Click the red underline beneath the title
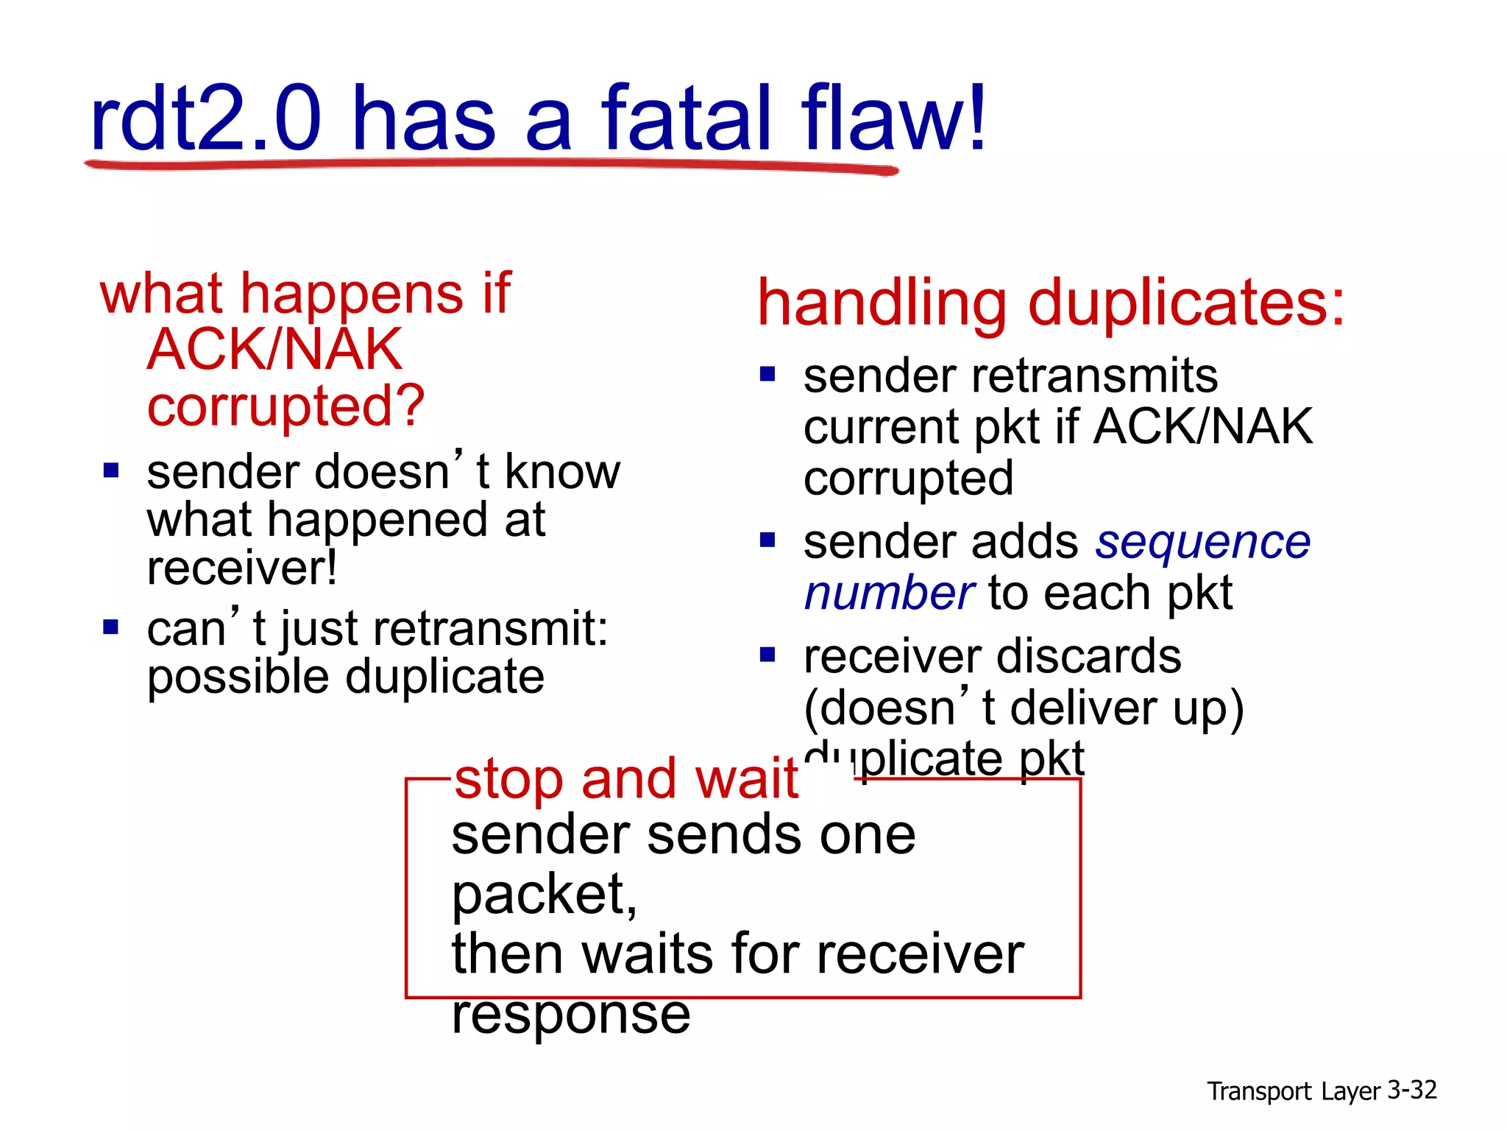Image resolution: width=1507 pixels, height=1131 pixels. click(492, 166)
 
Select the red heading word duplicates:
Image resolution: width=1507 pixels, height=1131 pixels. click(1186, 303)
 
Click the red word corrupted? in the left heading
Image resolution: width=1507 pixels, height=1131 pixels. click(286, 406)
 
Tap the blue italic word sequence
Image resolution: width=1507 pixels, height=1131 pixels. click(1203, 543)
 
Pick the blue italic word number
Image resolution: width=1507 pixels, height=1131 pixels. click(889, 593)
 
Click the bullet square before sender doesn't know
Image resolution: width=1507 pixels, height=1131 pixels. click(111, 471)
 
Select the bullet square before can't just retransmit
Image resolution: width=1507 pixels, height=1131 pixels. click(111, 627)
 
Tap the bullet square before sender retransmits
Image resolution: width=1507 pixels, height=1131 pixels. click(767, 375)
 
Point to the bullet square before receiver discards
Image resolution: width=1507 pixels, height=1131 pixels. click(767, 655)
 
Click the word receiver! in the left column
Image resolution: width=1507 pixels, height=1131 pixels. click(242, 568)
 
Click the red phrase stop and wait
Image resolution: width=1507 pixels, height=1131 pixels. click(626, 779)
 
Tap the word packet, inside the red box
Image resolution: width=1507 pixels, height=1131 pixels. click(544, 895)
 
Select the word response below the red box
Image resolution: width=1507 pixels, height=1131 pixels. click(571, 1015)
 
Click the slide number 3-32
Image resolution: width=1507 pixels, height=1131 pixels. click(1411, 1090)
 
